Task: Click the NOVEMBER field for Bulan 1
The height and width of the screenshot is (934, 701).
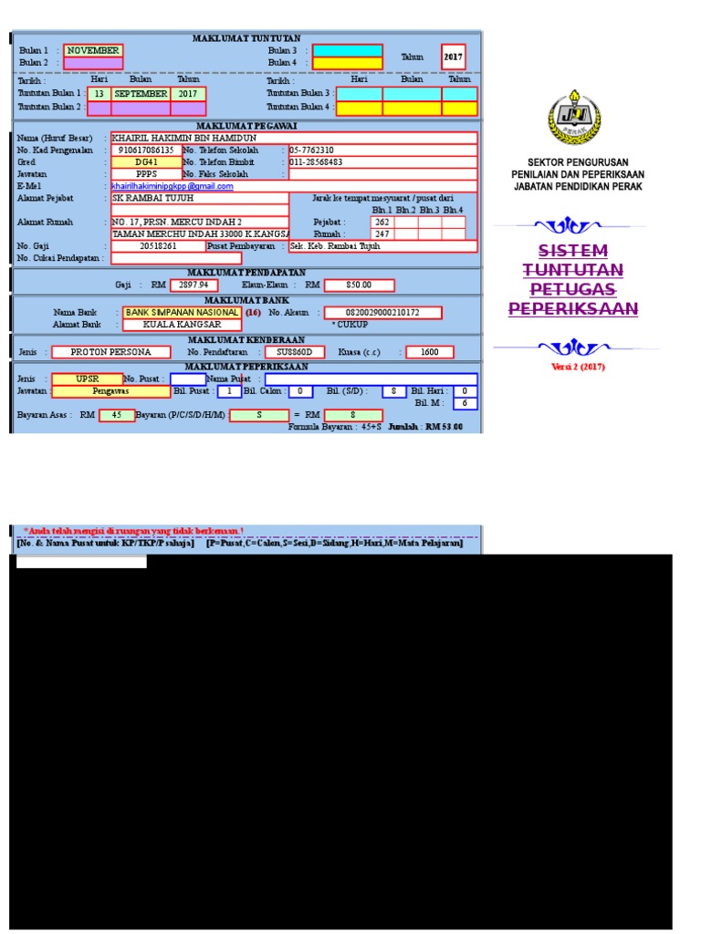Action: coord(93,51)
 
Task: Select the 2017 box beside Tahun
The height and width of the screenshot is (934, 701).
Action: coord(454,56)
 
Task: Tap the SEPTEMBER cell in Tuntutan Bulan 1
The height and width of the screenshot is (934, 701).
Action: coord(141,93)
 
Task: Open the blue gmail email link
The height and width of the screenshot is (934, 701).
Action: coord(173,186)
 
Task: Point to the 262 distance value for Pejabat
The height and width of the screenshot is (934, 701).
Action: coord(382,222)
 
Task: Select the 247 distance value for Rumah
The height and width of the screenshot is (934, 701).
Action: coord(382,233)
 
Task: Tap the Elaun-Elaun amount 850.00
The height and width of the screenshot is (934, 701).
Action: coord(359,285)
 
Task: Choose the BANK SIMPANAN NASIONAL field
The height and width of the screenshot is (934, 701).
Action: coord(183,312)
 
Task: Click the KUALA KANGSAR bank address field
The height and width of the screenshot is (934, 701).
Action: coord(183,324)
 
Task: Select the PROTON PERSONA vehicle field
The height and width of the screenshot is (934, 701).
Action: coord(110,351)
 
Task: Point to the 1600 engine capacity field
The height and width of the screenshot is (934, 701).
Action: coord(430,351)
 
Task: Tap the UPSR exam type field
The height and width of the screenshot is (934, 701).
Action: coord(88,379)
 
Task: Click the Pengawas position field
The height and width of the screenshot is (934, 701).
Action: coord(110,390)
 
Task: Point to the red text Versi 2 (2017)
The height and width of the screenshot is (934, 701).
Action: coord(578,367)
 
